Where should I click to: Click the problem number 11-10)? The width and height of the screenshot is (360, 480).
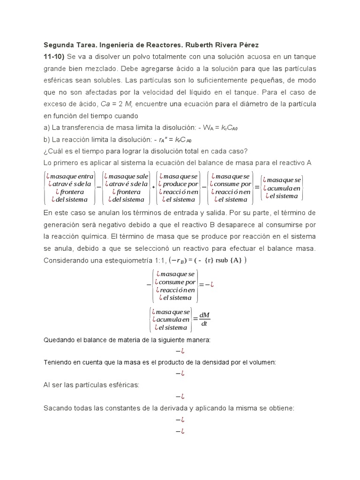point(54,57)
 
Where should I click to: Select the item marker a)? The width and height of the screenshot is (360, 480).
point(47,127)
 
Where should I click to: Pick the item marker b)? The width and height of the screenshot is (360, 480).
point(47,139)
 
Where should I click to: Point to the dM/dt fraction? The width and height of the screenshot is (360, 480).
point(204,319)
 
